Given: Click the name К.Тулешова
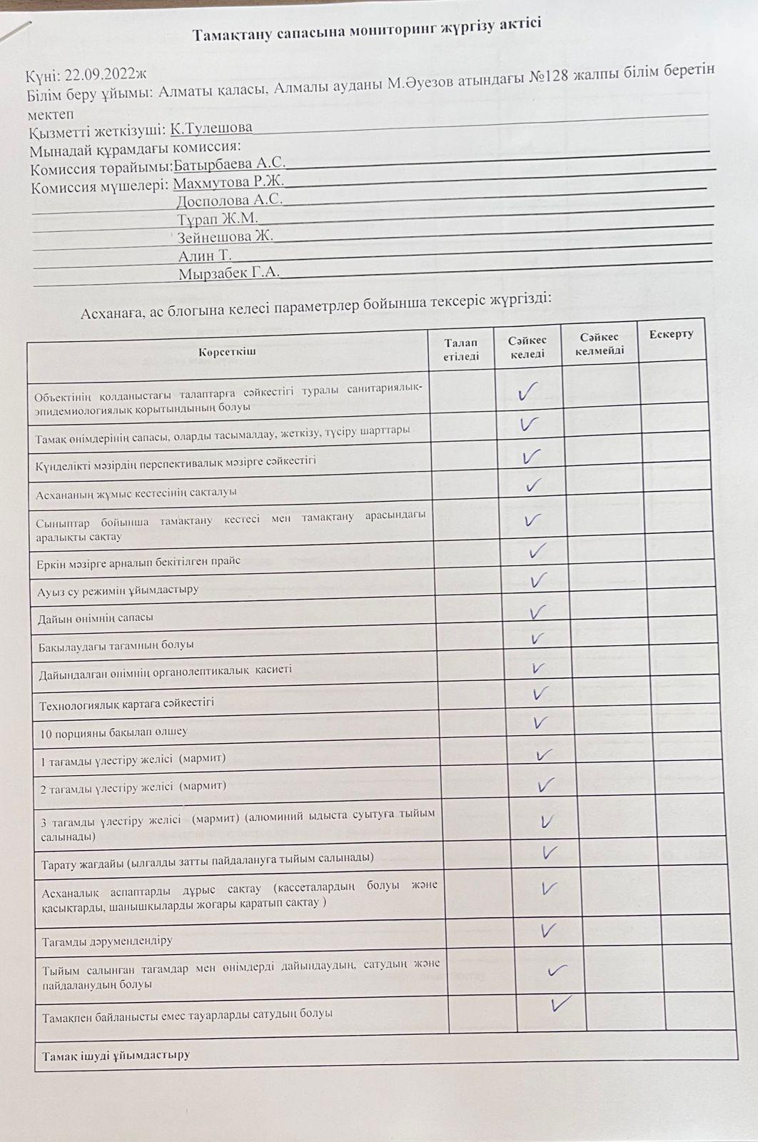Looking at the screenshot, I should click(211, 128).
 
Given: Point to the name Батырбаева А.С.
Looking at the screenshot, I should click(230, 164).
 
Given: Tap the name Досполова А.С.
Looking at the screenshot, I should click(229, 201).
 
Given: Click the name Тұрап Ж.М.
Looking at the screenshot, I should click(218, 219).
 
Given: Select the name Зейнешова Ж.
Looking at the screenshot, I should click(225, 237).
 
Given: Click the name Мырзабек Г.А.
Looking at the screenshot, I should click(228, 273).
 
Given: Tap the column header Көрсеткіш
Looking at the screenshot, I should click(227, 352).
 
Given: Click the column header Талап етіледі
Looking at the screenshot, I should click(460, 350).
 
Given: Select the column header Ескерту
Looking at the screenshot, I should click(671, 334).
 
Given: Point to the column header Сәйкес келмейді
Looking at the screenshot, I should click(599, 343).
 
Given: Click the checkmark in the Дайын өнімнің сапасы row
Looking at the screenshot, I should click(537, 612).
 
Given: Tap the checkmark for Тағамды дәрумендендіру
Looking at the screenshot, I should click(548, 930).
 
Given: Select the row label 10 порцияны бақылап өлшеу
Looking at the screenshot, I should click(114, 732).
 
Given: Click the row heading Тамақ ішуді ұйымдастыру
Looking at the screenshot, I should click(116, 1055).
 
